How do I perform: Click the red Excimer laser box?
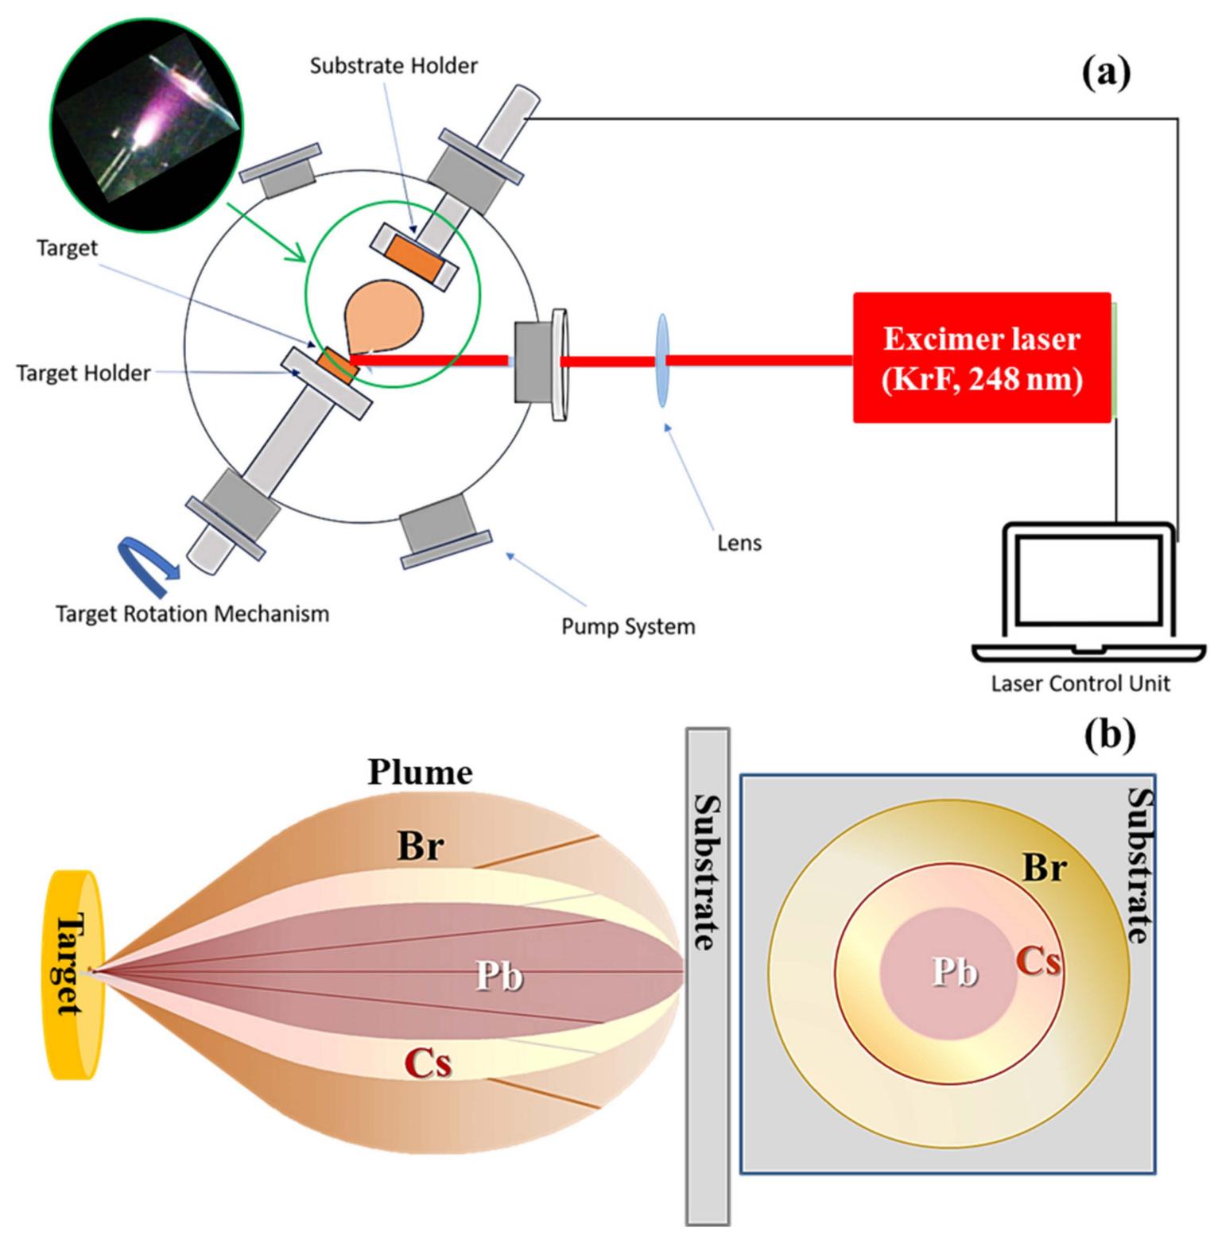coord(981,358)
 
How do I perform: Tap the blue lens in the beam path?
coord(661,360)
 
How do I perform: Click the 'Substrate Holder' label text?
coord(394,65)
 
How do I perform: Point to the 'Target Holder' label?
coord(83,373)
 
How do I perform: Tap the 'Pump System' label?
coord(628,627)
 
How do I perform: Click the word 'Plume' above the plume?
coord(420,772)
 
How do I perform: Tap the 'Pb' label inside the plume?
coord(498,976)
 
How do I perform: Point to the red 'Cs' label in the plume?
coord(428,1063)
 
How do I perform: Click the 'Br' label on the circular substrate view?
coord(1043,869)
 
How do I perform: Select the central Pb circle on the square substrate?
coord(948,973)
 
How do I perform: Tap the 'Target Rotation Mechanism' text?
coord(192,614)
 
